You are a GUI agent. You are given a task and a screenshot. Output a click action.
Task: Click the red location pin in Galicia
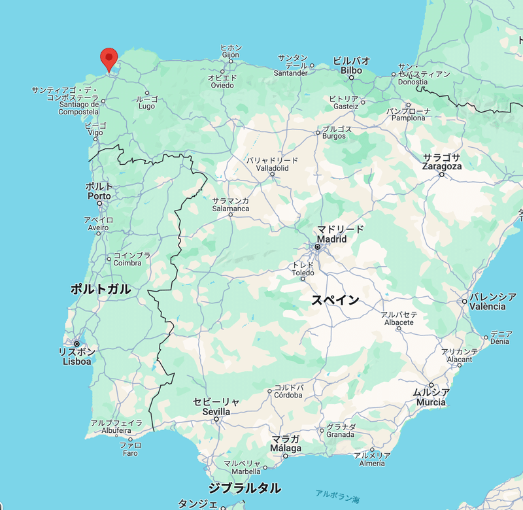click(x=109, y=58)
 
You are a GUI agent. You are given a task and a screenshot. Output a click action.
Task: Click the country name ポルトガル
click(x=100, y=289)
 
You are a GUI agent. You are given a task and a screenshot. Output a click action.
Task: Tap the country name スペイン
click(x=335, y=299)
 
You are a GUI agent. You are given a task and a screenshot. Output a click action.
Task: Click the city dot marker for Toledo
click(x=303, y=279)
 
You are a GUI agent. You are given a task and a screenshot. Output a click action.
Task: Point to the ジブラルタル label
click(x=245, y=488)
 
